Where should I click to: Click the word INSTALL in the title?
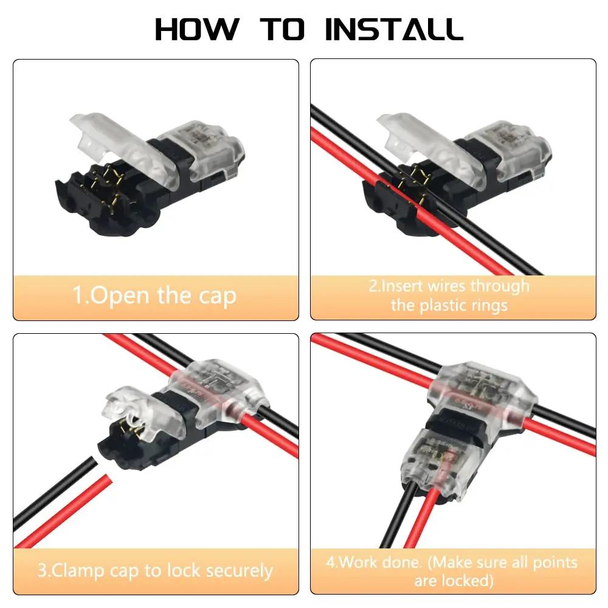394,29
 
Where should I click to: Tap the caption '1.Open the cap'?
154,296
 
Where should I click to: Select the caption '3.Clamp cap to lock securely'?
155,571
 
